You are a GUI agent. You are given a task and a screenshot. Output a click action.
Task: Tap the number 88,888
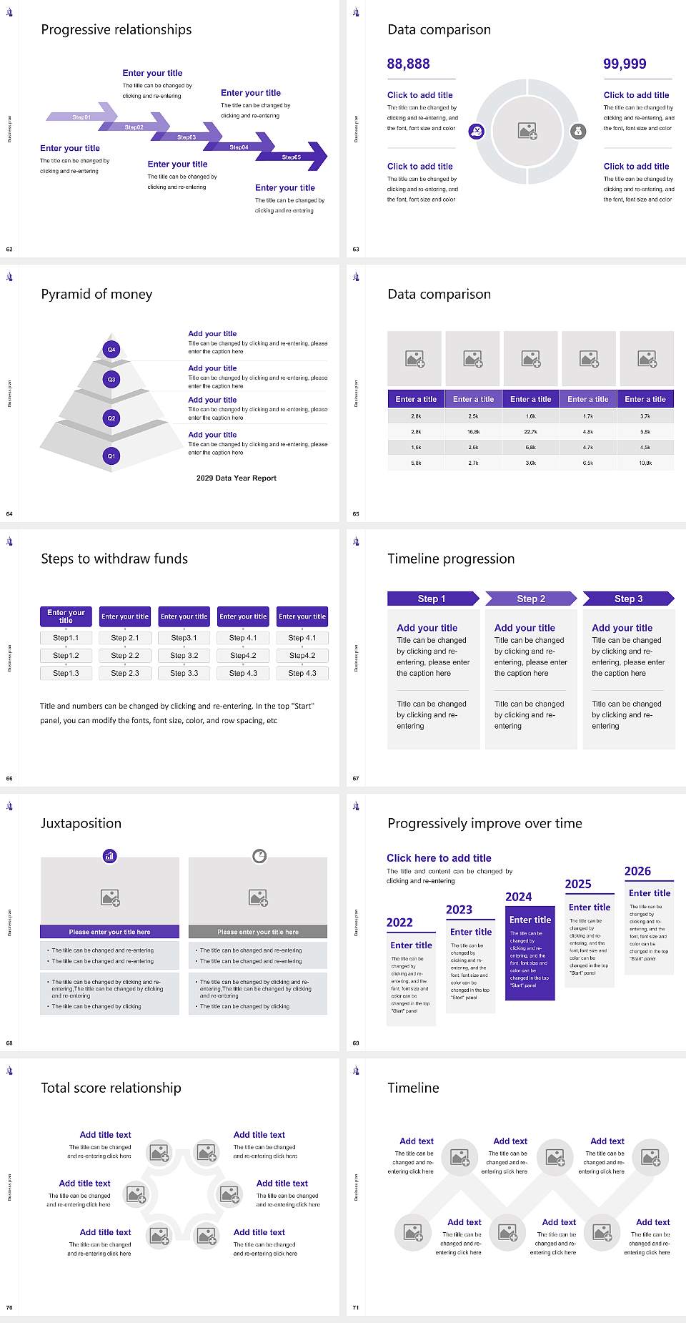408,64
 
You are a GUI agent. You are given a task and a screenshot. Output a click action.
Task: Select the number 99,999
625,64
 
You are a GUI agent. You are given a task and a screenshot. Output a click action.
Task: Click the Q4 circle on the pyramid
111,350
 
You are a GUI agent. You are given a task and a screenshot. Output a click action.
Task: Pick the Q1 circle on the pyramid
111,456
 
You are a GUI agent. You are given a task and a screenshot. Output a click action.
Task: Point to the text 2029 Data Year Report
236,478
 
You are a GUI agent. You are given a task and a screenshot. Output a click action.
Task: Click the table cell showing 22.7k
530,432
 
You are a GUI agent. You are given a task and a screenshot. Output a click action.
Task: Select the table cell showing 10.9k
645,463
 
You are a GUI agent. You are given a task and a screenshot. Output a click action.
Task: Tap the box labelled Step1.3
66,673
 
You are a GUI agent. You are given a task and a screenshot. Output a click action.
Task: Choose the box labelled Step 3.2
184,655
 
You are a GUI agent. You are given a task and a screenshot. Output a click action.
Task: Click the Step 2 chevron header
531,599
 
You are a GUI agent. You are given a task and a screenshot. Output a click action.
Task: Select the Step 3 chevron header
628,599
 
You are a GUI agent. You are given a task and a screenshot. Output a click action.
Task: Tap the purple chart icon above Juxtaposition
110,855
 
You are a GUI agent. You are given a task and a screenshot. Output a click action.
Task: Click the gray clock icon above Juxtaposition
259,855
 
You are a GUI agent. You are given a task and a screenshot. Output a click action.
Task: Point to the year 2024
518,897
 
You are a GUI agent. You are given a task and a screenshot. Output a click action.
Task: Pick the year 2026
637,871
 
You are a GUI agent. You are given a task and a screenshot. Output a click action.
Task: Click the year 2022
399,923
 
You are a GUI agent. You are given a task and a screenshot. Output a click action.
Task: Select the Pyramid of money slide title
96,294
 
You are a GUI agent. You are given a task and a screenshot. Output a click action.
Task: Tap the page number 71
356,1307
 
